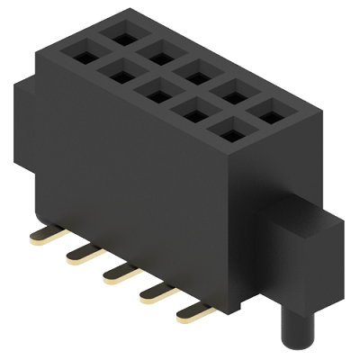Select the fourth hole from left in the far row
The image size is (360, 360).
pos(224,90)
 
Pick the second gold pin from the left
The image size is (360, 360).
pos(81,254)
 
